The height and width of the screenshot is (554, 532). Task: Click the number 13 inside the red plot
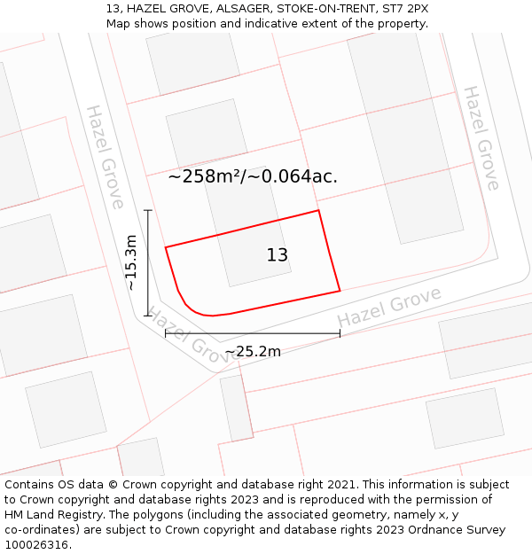[278, 255]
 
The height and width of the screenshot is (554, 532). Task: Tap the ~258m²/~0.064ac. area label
[253, 176]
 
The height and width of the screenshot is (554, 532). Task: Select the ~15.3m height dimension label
[131, 262]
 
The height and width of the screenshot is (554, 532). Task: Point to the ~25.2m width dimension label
[253, 352]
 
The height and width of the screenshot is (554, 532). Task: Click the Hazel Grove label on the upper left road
[105, 157]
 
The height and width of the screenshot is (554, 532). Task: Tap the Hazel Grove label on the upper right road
[481, 137]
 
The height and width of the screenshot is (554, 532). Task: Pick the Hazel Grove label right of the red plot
[389, 307]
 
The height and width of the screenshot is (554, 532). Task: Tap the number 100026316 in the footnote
[35, 545]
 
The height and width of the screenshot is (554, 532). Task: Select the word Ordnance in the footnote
[433, 530]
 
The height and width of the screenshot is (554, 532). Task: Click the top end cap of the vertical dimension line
[148, 210]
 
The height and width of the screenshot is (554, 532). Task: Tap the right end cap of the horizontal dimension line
[340, 334]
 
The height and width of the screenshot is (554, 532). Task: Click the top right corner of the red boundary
[318, 210]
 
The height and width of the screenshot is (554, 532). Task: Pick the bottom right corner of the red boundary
[340, 290]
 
